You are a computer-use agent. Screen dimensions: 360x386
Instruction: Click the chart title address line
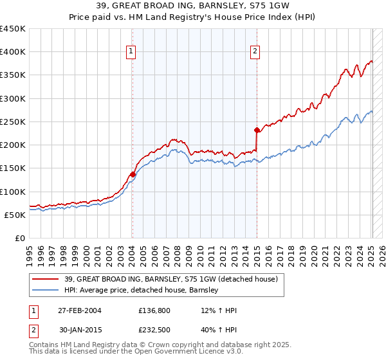pyautogui.click(x=192, y=6)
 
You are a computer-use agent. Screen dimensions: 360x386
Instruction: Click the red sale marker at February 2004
pyautogui.click(x=133, y=174)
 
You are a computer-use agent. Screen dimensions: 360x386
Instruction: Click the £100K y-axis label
pyautogui.click(x=13, y=192)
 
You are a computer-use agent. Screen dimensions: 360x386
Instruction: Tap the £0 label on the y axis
pyautogui.click(x=19, y=238)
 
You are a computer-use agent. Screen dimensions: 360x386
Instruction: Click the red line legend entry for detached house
pyautogui.click(x=170, y=279)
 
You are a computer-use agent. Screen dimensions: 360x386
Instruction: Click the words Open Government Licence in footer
pyautogui.click(x=187, y=352)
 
